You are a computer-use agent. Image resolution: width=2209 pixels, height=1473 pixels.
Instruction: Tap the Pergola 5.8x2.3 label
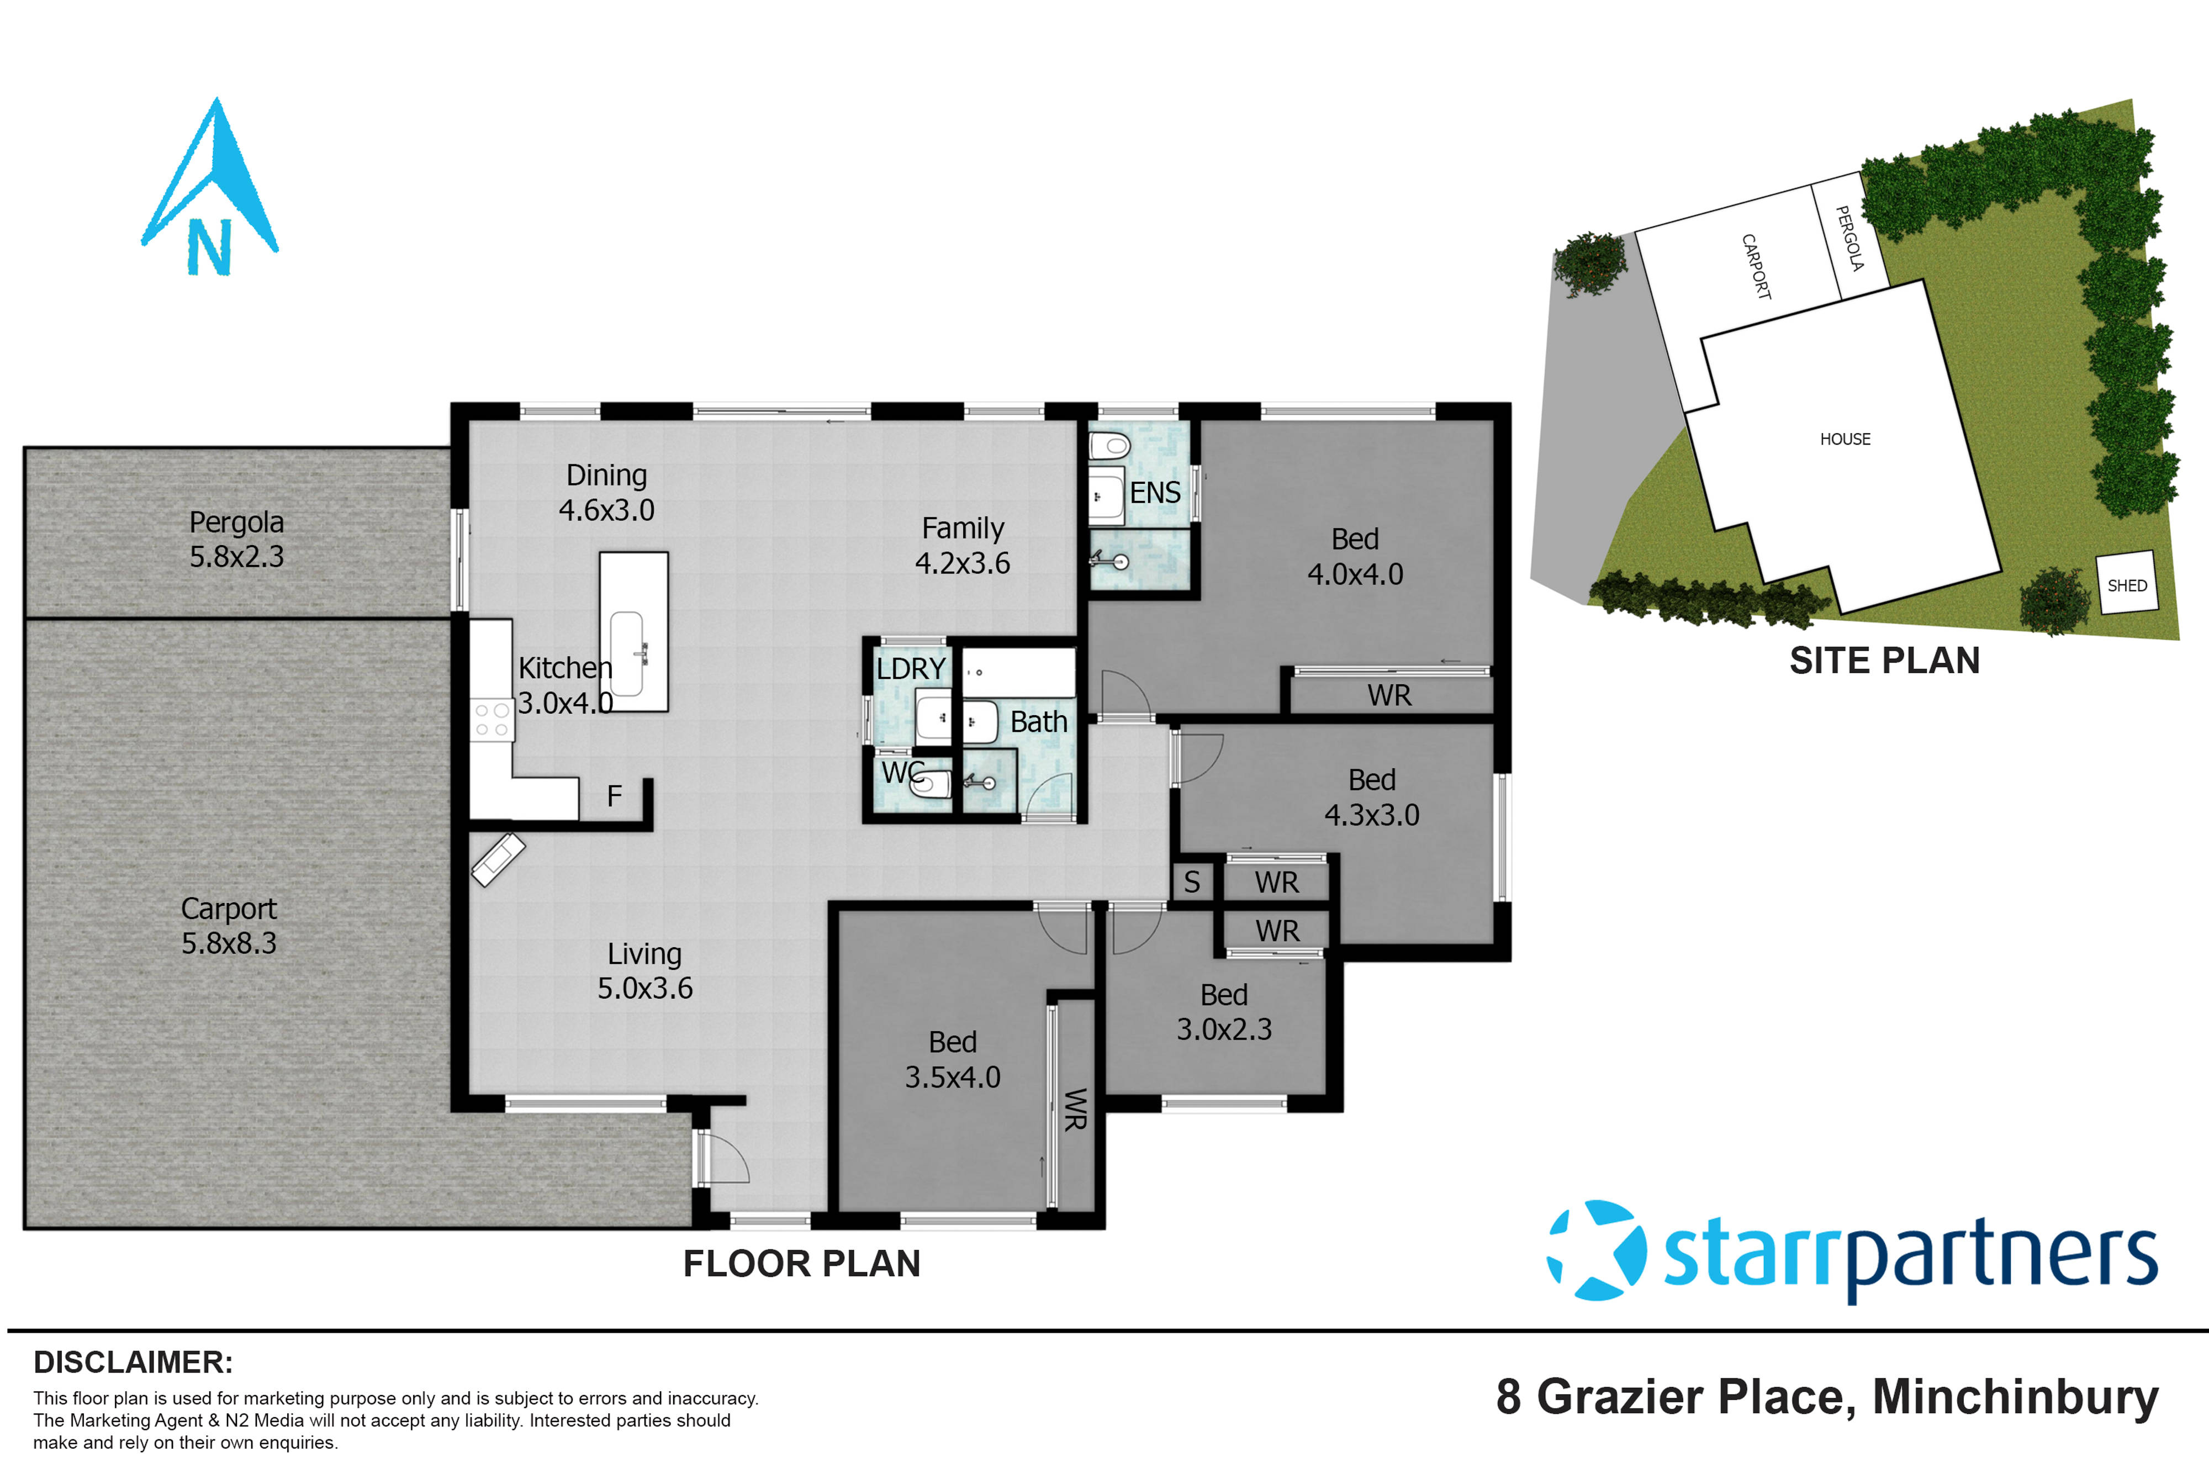click(x=237, y=539)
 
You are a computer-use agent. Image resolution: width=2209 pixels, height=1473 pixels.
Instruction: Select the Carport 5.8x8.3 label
click(x=229, y=925)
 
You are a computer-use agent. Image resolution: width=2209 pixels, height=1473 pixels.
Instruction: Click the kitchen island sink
click(x=627, y=653)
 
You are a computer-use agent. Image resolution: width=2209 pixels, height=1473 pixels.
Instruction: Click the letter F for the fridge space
click(x=614, y=796)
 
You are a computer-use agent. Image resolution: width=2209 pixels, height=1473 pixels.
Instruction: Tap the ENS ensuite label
click(x=1154, y=493)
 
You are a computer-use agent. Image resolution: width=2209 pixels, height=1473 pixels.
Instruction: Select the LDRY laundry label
click(x=910, y=669)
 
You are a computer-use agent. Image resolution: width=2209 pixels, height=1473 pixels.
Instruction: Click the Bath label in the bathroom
click(x=1039, y=721)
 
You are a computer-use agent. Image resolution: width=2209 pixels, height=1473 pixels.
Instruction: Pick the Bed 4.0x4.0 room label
click(x=1354, y=556)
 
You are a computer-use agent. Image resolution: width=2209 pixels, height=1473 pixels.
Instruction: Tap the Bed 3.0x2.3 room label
click(x=1224, y=1012)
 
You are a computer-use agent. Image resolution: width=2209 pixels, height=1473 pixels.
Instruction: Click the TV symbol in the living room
click(x=498, y=859)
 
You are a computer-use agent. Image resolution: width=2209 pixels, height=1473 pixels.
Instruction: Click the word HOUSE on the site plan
click(x=1845, y=439)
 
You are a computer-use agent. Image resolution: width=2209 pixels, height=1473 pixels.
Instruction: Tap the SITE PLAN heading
click(x=1884, y=661)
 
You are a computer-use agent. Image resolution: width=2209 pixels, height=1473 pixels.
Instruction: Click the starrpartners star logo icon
click(x=1595, y=1249)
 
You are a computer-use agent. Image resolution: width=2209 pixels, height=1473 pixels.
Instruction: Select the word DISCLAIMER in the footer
click(x=133, y=1362)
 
